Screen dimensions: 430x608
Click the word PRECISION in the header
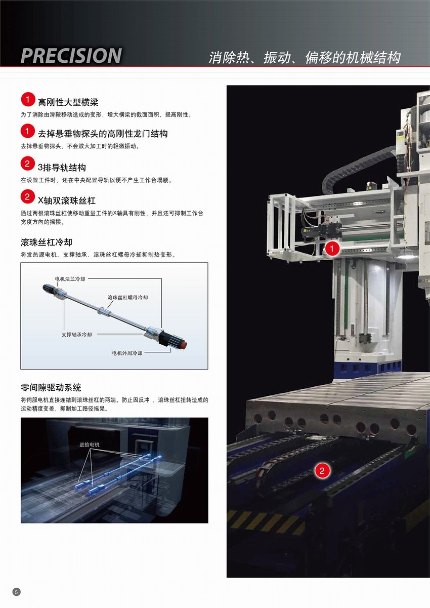[71, 56]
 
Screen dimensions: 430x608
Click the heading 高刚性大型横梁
[68, 102]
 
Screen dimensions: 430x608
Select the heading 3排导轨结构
[62, 168]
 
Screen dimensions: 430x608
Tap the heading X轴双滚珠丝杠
[66, 200]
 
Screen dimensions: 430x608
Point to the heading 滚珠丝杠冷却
[47, 242]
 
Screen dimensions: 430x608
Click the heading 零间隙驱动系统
[51, 387]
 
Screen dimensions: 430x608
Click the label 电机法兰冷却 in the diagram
[70, 279]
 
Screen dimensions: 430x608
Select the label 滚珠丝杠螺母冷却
[127, 298]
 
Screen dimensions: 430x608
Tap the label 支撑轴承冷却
[77, 335]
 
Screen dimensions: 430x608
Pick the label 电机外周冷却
[127, 353]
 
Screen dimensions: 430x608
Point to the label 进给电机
[89, 444]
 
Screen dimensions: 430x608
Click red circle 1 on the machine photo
[332, 248]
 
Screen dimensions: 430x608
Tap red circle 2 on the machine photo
[322, 471]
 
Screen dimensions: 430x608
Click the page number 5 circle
[16, 592]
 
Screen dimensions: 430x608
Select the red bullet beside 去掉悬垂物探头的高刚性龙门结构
[27, 132]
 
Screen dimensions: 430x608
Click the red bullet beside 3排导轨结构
[27, 164]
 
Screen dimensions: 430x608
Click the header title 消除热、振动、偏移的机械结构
[305, 58]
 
